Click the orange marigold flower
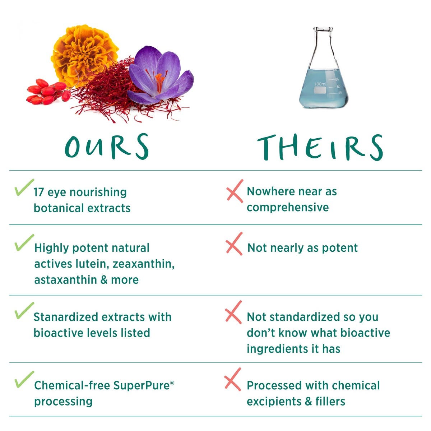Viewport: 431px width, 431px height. (x=84, y=55)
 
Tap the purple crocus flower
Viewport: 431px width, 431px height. (x=160, y=75)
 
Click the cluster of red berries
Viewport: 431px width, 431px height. (x=48, y=92)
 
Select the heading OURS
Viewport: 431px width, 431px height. (x=106, y=147)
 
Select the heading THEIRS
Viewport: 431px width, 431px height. (x=320, y=147)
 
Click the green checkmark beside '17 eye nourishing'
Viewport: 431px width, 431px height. (x=24, y=187)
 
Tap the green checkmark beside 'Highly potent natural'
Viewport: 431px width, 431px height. (x=24, y=243)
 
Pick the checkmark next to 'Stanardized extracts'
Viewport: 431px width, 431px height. (x=24, y=310)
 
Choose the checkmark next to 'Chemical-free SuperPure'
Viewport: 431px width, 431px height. (x=24, y=379)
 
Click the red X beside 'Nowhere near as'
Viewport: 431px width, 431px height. (x=235, y=191)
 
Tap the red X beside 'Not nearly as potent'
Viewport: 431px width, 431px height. (x=234, y=244)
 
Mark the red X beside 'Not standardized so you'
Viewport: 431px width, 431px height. (x=233, y=312)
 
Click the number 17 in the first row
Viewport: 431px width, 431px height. (x=39, y=193)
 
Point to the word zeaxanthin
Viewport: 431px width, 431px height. (x=144, y=264)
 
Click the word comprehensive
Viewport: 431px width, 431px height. (x=288, y=208)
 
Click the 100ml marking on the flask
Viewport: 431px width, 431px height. (x=320, y=84)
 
